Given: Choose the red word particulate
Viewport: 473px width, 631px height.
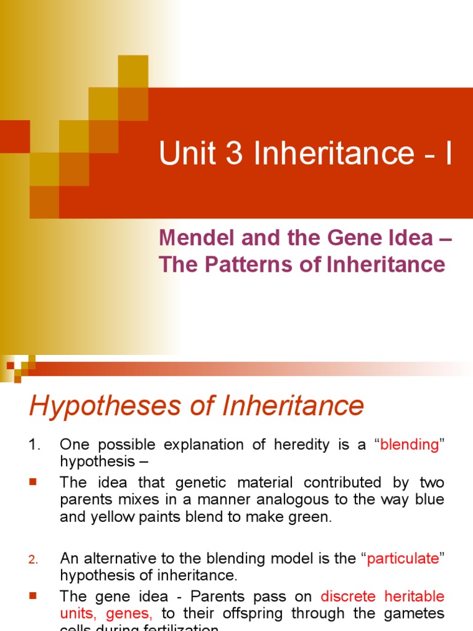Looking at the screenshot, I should point(403,559).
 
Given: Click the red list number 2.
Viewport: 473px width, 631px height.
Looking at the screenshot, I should point(34,560).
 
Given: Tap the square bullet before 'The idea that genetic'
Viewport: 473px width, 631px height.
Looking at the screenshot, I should point(33,482).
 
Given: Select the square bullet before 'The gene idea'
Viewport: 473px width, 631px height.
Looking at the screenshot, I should point(33,596).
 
